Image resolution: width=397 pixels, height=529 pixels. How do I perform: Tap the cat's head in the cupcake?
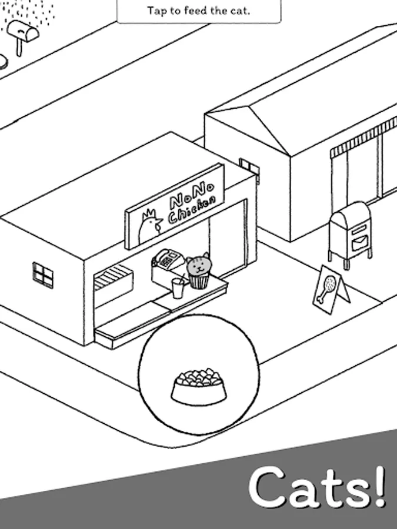[x=199, y=265]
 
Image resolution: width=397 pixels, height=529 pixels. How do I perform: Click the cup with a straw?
[x=177, y=288]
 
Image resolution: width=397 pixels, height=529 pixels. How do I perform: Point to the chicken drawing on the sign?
[x=149, y=226]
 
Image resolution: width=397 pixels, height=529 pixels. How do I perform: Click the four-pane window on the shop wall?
[x=42, y=274]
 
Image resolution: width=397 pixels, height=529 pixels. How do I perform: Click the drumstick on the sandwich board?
[x=327, y=289]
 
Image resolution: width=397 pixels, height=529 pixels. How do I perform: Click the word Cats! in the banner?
[x=318, y=488]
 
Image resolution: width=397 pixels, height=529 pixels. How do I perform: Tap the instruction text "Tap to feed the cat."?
[x=198, y=10]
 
